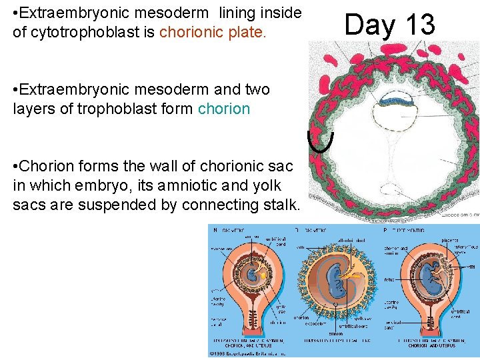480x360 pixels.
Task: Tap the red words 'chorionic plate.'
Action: (x=213, y=33)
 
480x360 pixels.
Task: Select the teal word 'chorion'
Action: (x=224, y=109)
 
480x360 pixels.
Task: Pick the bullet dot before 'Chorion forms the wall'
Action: (x=16, y=166)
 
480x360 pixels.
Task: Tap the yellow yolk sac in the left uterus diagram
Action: (x=265, y=274)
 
